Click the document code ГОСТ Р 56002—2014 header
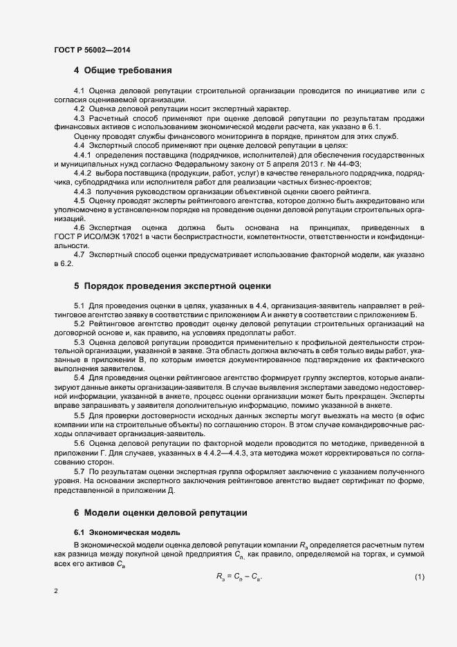coord(92,50)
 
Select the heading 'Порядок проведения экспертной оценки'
coord(178,285)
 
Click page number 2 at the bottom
coord(56,591)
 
